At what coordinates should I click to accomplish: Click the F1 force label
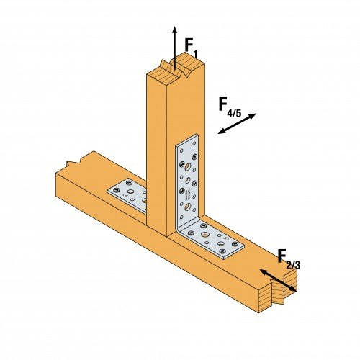pyautogui.click(x=190, y=47)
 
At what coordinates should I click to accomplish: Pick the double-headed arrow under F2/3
pyautogui.click(x=278, y=282)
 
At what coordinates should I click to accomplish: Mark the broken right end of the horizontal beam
pyautogui.click(x=281, y=292)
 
